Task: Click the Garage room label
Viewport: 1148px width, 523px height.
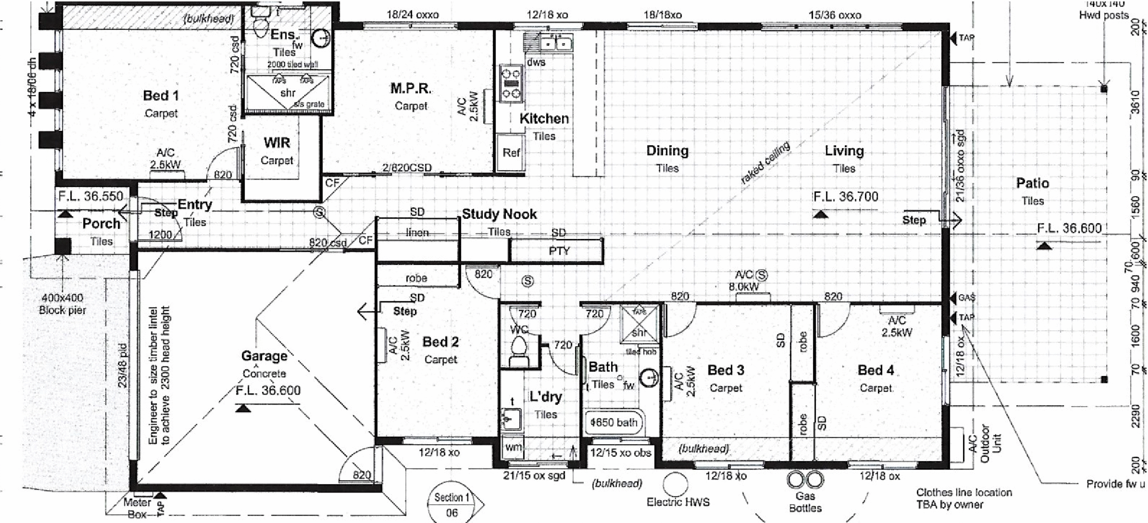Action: click(264, 356)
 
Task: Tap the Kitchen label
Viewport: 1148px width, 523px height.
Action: click(544, 119)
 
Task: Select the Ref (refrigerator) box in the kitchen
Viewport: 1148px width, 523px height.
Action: click(511, 153)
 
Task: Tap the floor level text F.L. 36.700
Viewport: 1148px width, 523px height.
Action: click(846, 197)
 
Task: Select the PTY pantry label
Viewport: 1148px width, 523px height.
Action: click(559, 251)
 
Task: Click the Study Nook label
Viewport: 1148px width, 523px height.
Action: click(499, 214)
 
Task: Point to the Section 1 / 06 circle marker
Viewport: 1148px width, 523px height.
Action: click(451, 503)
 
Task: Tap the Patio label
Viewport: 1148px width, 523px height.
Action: click(1032, 184)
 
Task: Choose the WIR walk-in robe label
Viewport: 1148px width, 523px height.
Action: click(277, 143)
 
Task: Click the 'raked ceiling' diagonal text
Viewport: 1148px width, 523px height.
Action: click(765, 163)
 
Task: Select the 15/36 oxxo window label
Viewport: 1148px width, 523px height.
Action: click(835, 15)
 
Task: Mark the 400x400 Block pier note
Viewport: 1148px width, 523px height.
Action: click(62, 304)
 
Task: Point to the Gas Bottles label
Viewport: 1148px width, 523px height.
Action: click(805, 502)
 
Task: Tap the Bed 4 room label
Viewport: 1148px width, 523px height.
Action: click(876, 371)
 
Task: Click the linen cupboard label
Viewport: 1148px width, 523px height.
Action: click(417, 233)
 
